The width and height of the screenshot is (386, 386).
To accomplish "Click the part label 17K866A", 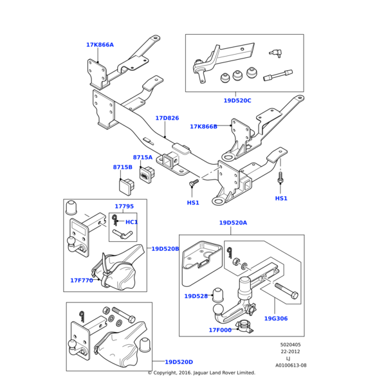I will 100,45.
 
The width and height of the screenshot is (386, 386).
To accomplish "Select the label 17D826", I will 167,118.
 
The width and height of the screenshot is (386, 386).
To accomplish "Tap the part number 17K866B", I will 203,127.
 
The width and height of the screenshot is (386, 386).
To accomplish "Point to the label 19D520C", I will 237,101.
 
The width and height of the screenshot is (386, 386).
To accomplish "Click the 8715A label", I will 143,158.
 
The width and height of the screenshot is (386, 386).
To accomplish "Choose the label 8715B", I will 122,167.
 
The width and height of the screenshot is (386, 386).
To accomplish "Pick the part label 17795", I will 124,207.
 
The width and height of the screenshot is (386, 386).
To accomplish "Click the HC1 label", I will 131,222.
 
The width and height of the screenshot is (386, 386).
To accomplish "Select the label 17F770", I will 82,280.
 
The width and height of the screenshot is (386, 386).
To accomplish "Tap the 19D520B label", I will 165,248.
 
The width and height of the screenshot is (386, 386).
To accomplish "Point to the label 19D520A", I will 233,223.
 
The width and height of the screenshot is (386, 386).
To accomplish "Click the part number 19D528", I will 196,297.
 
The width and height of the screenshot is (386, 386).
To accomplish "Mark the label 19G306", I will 276,318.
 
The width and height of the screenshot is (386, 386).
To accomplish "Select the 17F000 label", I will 219,330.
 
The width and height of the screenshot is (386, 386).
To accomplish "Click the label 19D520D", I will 179,362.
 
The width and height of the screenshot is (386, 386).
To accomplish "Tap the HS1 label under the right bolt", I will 281,198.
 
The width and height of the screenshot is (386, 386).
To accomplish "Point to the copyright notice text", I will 201,373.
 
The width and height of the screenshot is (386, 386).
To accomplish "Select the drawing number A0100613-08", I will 291,365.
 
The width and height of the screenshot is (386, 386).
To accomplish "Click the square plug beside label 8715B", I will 126,185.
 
